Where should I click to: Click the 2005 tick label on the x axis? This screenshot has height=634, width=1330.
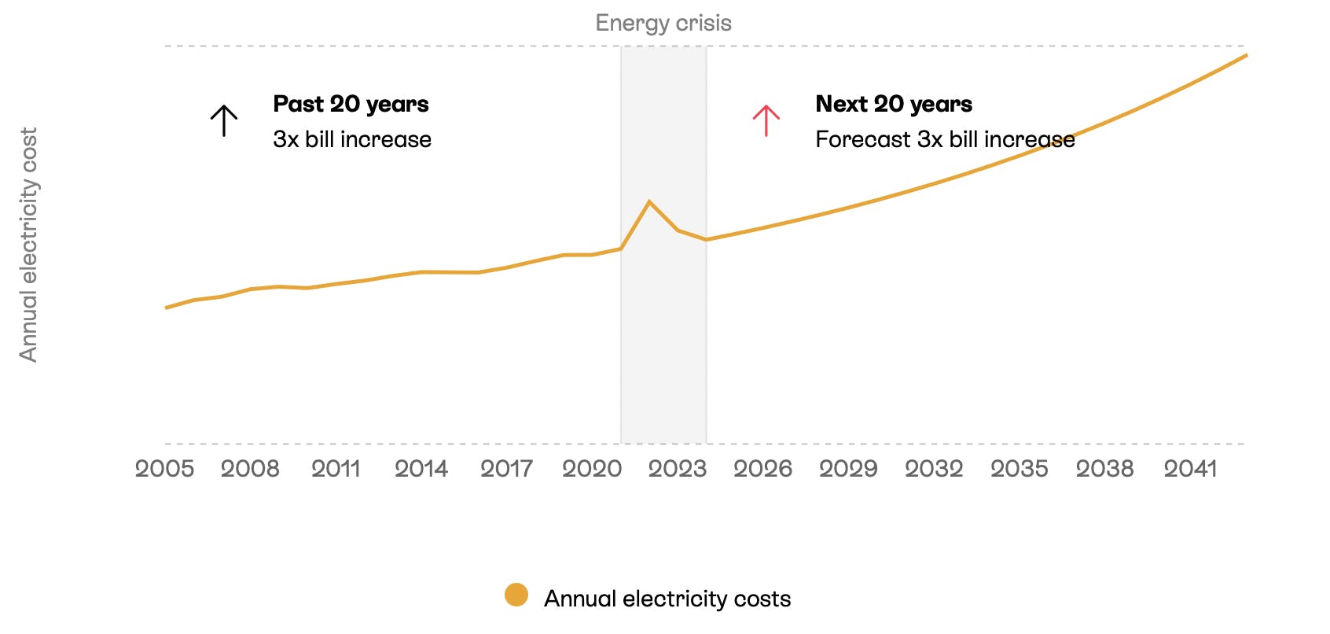pyautogui.click(x=164, y=469)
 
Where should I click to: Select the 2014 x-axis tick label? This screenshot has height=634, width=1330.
pyautogui.click(x=421, y=469)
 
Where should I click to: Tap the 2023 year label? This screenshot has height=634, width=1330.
pyautogui.click(x=678, y=469)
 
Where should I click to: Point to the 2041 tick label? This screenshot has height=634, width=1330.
pyautogui.click(x=1190, y=469)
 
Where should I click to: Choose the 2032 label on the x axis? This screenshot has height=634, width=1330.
pyautogui.click(x=934, y=469)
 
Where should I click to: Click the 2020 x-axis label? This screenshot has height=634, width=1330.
pyautogui.click(x=592, y=469)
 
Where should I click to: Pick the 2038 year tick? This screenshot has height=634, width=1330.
pyautogui.click(x=1104, y=469)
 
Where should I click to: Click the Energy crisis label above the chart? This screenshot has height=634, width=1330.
pyautogui.click(x=663, y=23)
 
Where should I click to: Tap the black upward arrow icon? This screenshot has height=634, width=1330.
pyautogui.click(x=224, y=121)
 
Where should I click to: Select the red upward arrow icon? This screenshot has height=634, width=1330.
pyautogui.click(x=766, y=121)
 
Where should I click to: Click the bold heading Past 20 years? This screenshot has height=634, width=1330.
pyautogui.click(x=351, y=104)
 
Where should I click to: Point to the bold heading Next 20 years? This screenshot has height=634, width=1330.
pyautogui.click(x=894, y=104)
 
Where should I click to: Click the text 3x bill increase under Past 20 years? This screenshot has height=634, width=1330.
pyautogui.click(x=352, y=139)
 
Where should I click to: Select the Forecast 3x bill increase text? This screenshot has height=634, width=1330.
pyautogui.click(x=945, y=139)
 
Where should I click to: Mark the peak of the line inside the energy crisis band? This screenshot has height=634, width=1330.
pyautogui.click(x=649, y=202)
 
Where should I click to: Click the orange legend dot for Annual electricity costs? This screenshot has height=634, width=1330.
pyautogui.click(x=516, y=595)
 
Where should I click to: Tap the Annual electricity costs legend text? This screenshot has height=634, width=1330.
pyautogui.click(x=667, y=599)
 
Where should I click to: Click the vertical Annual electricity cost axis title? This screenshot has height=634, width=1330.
pyautogui.click(x=29, y=245)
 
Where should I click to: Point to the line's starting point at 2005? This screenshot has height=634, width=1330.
pyautogui.click(x=166, y=308)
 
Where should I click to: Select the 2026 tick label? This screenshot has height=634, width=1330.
pyautogui.click(x=762, y=469)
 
